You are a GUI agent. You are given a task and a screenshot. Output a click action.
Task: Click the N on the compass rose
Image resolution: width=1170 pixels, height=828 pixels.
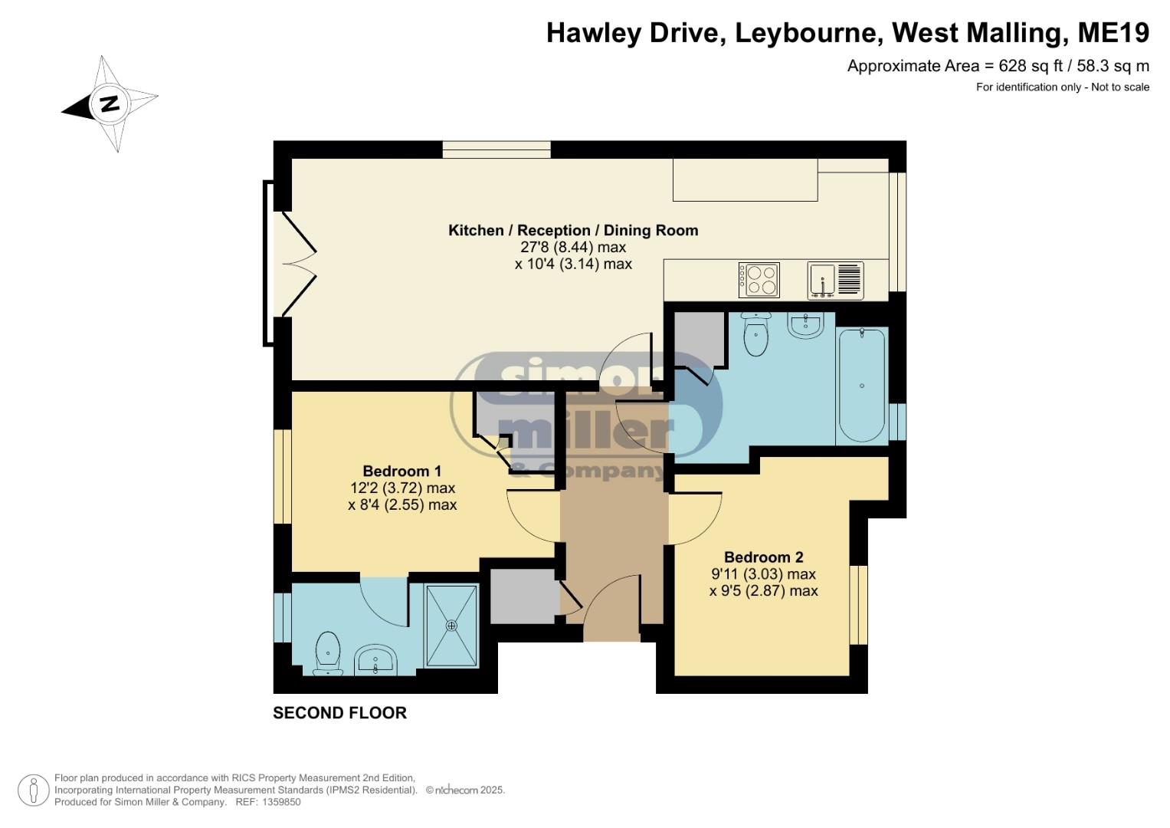pyautogui.click(x=110, y=103)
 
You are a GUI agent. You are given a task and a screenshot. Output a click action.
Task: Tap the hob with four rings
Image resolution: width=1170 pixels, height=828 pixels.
pyautogui.click(x=759, y=280)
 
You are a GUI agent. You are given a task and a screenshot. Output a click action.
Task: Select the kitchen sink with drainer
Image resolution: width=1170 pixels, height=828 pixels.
pyautogui.click(x=835, y=281)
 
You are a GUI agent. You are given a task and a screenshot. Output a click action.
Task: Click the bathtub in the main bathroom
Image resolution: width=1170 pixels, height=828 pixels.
pyautogui.click(x=862, y=385)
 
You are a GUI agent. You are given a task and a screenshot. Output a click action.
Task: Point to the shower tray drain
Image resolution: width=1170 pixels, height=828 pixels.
pyautogui.click(x=451, y=625)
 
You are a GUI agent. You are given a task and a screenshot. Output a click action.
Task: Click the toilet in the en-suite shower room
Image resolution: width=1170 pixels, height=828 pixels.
pyautogui.click(x=328, y=653)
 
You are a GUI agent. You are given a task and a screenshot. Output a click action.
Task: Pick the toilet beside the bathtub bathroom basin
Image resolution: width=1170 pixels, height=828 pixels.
pyautogui.click(x=755, y=334)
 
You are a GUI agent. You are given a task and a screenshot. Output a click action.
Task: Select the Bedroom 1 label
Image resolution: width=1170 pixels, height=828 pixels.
pyautogui.click(x=402, y=471)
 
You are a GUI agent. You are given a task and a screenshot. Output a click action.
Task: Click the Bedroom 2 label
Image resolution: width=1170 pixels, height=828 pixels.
pyautogui.click(x=764, y=557)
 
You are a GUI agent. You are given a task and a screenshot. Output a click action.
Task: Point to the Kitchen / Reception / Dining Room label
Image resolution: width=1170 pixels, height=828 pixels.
pyautogui.click(x=573, y=230)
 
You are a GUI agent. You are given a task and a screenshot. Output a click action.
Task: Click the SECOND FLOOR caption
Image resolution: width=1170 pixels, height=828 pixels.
pyautogui.click(x=339, y=713)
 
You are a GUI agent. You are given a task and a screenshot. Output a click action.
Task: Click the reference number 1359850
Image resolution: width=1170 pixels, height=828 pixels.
pyautogui.click(x=280, y=802)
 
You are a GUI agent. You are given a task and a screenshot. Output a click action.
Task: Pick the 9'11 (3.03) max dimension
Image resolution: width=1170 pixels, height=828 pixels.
pyautogui.click(x=764, y=574)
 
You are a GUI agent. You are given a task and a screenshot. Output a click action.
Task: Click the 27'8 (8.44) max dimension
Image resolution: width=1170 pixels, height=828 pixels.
pyautogui.click(x=573, y=247)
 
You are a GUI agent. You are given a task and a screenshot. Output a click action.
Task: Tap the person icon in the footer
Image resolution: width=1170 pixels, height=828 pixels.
pyautogui.click(x=34, y=790)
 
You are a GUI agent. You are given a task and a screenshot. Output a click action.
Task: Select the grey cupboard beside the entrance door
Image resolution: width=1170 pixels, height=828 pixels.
pyautogui.click(x=523, y=596)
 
